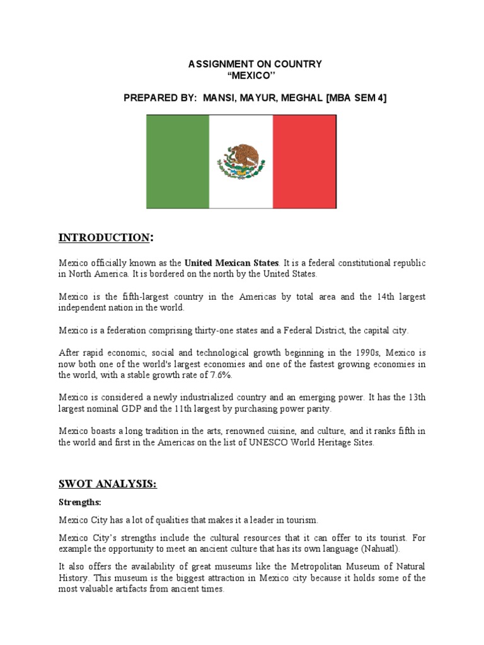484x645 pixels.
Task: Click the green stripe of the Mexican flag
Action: (x=178, y=162)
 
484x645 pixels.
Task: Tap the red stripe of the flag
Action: (x=305, y=162)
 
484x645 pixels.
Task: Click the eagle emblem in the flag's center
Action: (x=241, y=161)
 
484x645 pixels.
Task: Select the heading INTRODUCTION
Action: (x=105, y=237)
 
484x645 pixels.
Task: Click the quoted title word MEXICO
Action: (x=255, y=76)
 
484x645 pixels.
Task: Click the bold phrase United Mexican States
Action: (x=231, y=263)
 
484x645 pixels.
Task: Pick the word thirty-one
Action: (x=200, y=329)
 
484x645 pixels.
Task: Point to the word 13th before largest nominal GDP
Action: (x=414, y=398)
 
